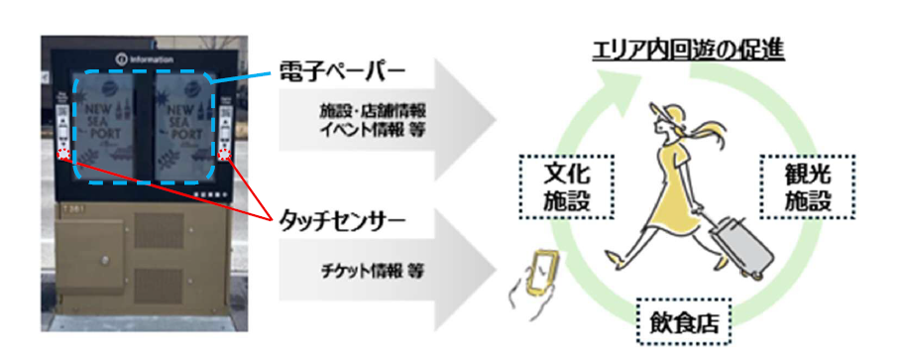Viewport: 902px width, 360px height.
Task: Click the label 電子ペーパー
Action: pyautogui.click(x=341, y=73)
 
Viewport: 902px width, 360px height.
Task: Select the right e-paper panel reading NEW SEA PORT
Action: pyautogui.click(x=186, y=122)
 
